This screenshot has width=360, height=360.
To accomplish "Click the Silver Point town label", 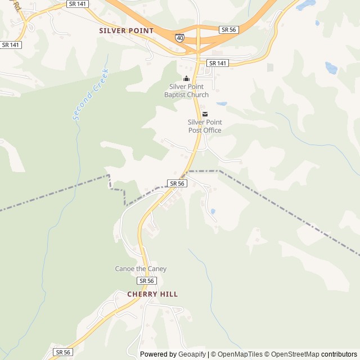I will (126, 30).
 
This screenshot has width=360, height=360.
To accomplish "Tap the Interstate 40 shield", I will (179, 38).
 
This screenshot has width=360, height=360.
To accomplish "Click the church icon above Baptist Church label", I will (186, 78).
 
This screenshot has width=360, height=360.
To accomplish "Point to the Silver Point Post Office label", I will (205, 126).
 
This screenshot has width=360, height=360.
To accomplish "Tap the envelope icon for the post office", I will (205, 114).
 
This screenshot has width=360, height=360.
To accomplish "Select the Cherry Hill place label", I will (152, 294).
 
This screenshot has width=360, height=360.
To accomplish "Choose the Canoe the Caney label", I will (141, 269).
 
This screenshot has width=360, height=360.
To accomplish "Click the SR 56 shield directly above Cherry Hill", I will (146, 281).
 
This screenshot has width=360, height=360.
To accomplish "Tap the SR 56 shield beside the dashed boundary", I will (177, 183).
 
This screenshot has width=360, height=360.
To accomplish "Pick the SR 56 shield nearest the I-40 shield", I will (228, 29).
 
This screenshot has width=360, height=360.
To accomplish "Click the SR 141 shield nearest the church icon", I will (217, 63).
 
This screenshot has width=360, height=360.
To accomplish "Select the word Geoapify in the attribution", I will (192, 354).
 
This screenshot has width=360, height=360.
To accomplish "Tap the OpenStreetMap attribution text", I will (292, 354).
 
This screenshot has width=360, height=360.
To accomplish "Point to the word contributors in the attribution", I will (339, 354).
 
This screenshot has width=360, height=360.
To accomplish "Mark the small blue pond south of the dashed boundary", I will (213, 211).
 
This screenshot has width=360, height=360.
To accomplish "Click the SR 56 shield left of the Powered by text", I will (64, 352).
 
